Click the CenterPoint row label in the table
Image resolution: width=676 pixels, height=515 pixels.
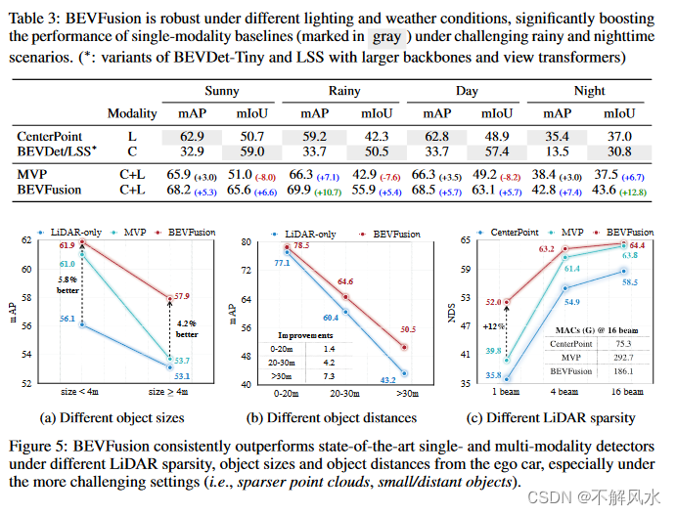50,136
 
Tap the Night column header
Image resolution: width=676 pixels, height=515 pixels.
590,91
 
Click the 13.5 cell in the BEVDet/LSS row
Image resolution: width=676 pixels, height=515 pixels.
561,152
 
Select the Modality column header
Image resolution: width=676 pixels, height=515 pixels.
131,114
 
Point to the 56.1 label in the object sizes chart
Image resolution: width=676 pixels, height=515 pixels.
68,318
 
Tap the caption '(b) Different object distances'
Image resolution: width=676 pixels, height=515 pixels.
333,417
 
